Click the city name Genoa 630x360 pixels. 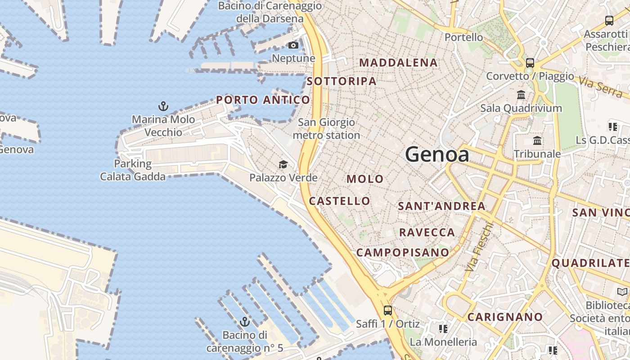(x=437, y=155)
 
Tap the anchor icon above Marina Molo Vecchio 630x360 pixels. (x=163, y=107)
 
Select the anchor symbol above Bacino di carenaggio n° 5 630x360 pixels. (x=245, y=322)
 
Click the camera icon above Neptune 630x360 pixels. (x=293, y=45)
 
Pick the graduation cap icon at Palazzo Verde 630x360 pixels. (x=283, y=165)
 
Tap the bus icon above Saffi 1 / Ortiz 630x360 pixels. (x=387, y=310)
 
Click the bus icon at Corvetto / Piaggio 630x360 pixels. (x=530, y=63)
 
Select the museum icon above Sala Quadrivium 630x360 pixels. (x=521, y=95)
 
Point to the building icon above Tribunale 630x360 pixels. (x=537, y=141)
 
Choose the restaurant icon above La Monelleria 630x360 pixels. (x=443, y=329)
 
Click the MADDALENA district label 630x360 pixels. (x=399, y=63)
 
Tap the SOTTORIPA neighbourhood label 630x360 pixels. (x=342, y=81)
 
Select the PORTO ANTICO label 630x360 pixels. (x=263, y=100)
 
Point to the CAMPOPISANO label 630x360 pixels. (x=403, y=252)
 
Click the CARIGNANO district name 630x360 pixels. (x=505, y=317)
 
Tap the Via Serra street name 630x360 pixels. (x=600, y=87)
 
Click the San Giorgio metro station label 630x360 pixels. (x=326, y=129)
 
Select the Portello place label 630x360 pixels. (x=463, y=37)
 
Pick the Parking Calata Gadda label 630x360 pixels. (x=133, y=170)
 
